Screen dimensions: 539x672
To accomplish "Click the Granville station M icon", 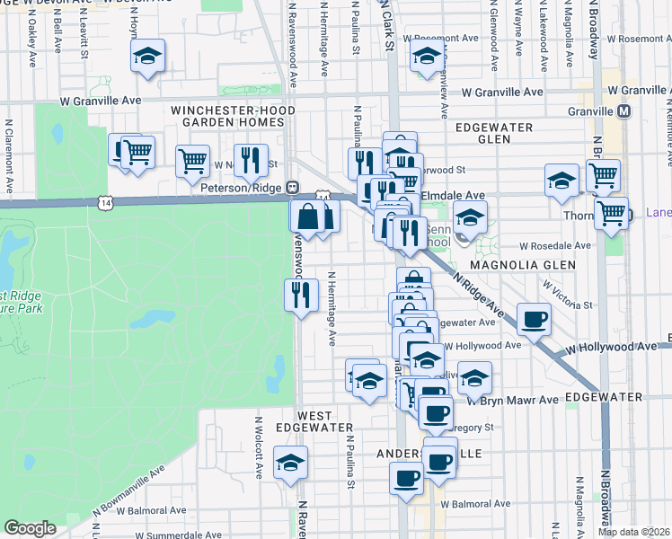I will point(624,111).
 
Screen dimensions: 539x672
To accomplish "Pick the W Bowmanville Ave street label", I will point(128,495).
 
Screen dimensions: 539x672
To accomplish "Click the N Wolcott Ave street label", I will point(258,446).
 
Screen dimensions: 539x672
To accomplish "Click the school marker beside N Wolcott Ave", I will point(290,464).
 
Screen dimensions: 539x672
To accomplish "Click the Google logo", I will point(30,528).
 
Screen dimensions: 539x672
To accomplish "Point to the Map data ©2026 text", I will point(634,532).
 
